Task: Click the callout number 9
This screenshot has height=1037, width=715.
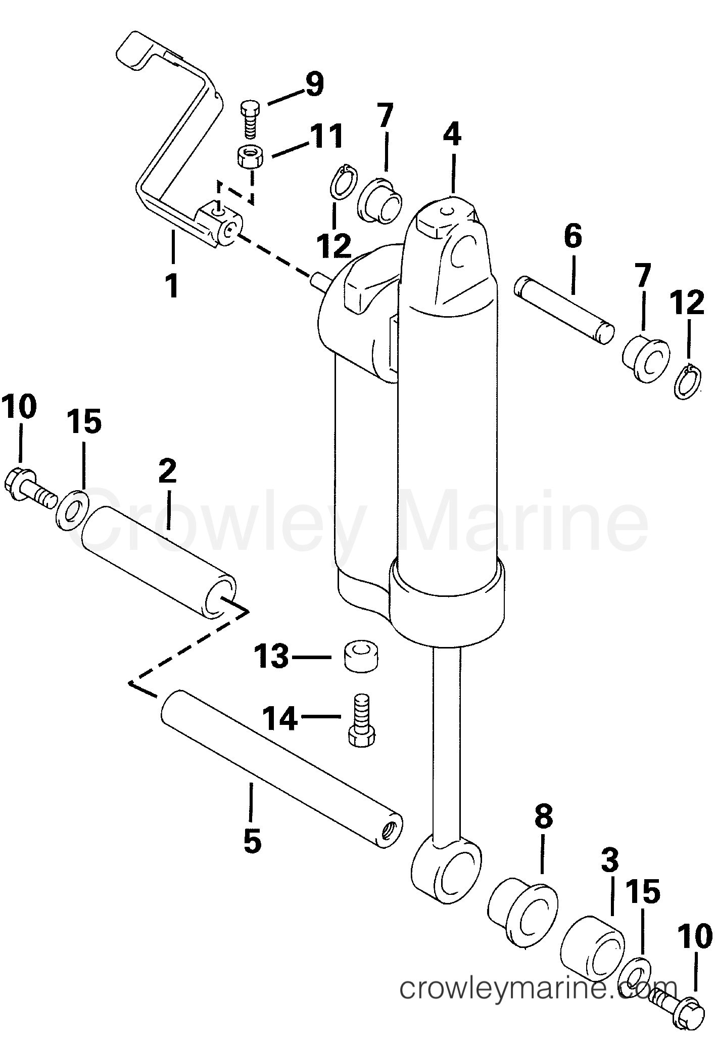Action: coord(314,84)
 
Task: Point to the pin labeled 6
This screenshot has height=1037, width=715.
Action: coord(564,310)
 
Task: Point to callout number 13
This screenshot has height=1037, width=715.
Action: coord(271,657)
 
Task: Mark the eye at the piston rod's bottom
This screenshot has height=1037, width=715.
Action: coord(445,869)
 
